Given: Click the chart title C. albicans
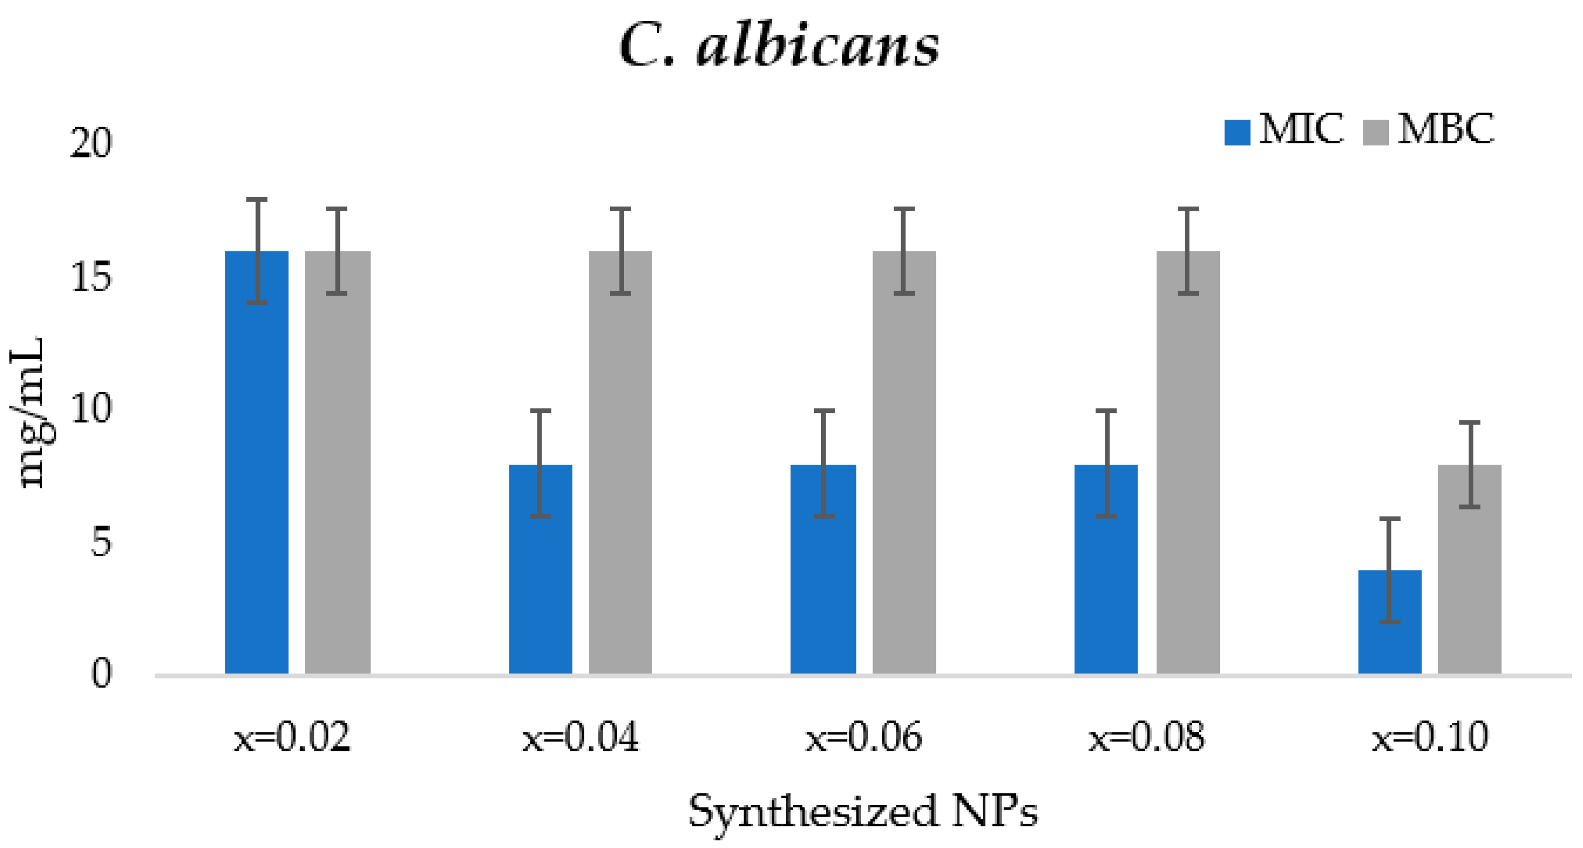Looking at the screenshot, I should tap(779, 46).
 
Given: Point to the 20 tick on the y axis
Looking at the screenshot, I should tap(91, 143).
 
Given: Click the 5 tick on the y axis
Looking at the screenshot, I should tap(102, 543).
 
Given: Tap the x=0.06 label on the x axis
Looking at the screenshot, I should tap(863, 737).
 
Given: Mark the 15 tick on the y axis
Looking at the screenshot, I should tap(91, 277).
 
